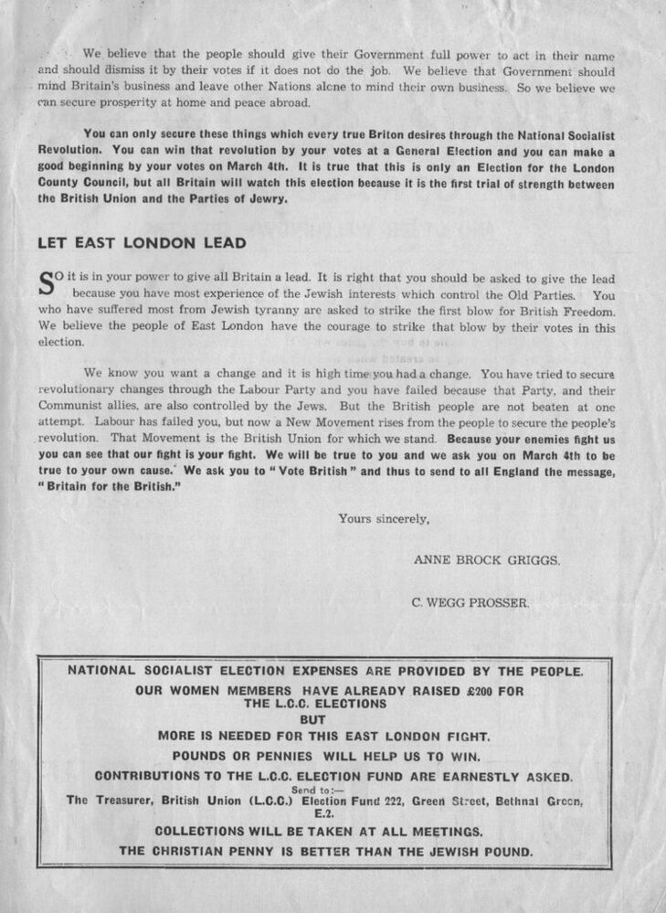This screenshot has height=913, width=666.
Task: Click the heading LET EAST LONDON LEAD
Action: click(142, 243)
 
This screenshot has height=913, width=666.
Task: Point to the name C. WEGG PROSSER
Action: click(470, 602)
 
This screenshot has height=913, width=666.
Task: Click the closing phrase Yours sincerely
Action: click(384, 518)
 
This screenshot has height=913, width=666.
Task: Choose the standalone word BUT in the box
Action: click(313, 719)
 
